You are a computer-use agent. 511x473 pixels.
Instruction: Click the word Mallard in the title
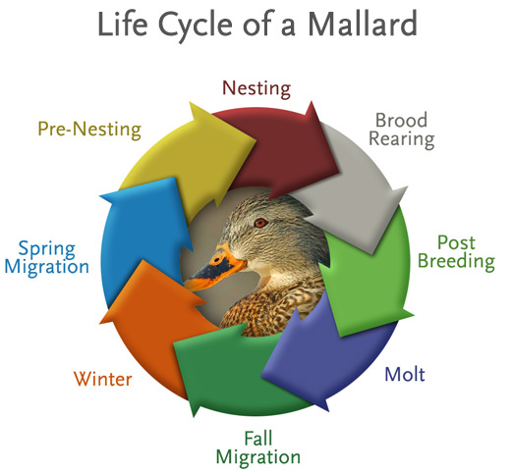(363, 25)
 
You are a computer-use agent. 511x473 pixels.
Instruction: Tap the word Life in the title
(123, 25)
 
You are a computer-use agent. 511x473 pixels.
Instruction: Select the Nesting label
(256, 88)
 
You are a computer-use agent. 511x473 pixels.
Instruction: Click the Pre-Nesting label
(89, 130)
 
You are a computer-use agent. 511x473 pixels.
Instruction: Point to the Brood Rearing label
(402, 130)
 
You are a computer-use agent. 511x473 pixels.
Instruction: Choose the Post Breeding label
(456, 252)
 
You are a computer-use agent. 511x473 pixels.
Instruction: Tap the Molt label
(405, 374)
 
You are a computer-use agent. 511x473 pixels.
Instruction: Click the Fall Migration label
(258, 447)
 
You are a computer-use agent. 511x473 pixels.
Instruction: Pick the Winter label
(103, 379)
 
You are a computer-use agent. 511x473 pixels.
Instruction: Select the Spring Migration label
(47, 258)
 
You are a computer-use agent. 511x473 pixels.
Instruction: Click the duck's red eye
(260, 223)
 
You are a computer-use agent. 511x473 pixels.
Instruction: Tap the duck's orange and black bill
(214, 270)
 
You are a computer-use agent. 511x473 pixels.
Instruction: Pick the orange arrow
(154, 324)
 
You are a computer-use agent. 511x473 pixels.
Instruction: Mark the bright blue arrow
(144, 236)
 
